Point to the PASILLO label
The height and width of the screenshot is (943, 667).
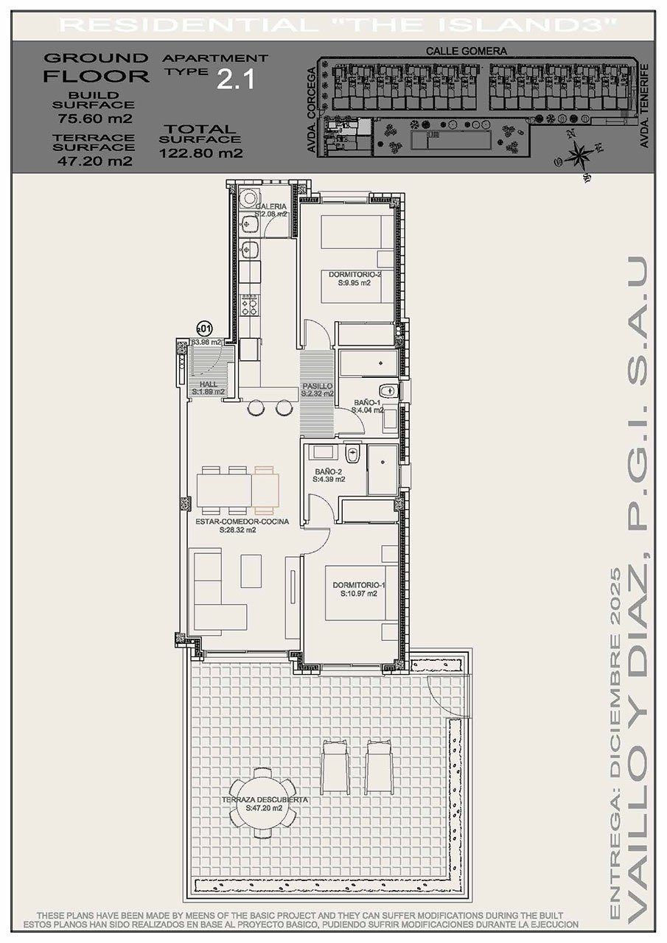(318, 386)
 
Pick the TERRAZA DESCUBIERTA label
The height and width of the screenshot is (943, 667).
(264, 799)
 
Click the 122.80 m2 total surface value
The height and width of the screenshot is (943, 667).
(200, 154)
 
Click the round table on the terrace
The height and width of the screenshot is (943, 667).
(263, 802)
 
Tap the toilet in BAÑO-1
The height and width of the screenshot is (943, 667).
(387, 390)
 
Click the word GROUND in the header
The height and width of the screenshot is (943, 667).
(95, 57)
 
